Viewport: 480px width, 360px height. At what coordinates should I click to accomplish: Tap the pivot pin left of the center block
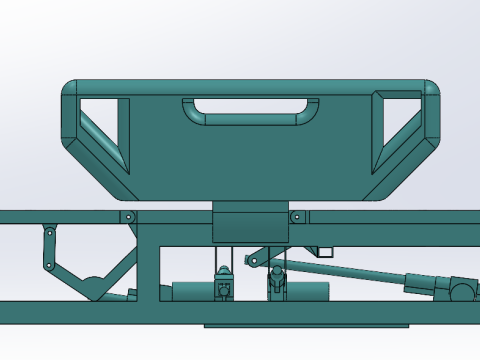128,216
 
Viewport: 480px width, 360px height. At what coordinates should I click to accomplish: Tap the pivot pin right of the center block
296,216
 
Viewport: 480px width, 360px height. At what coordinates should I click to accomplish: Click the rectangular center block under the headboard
249,222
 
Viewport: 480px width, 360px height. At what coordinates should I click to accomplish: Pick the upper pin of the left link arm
48,232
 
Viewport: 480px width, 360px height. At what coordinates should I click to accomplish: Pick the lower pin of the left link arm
47,265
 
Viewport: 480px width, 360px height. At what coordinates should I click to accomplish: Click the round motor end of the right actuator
462,291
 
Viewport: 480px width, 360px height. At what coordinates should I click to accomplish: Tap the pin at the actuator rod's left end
251,262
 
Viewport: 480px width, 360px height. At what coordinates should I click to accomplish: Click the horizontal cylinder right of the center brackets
309,291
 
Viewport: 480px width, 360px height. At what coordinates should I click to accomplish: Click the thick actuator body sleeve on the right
427,283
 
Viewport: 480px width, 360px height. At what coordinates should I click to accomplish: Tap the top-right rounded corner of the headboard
431,90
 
